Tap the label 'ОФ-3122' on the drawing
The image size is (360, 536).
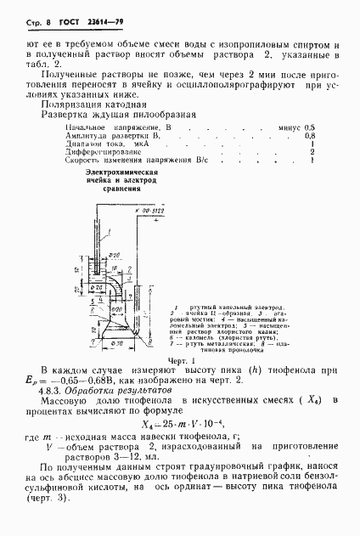pyautogui.click(x=148, y=206)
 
